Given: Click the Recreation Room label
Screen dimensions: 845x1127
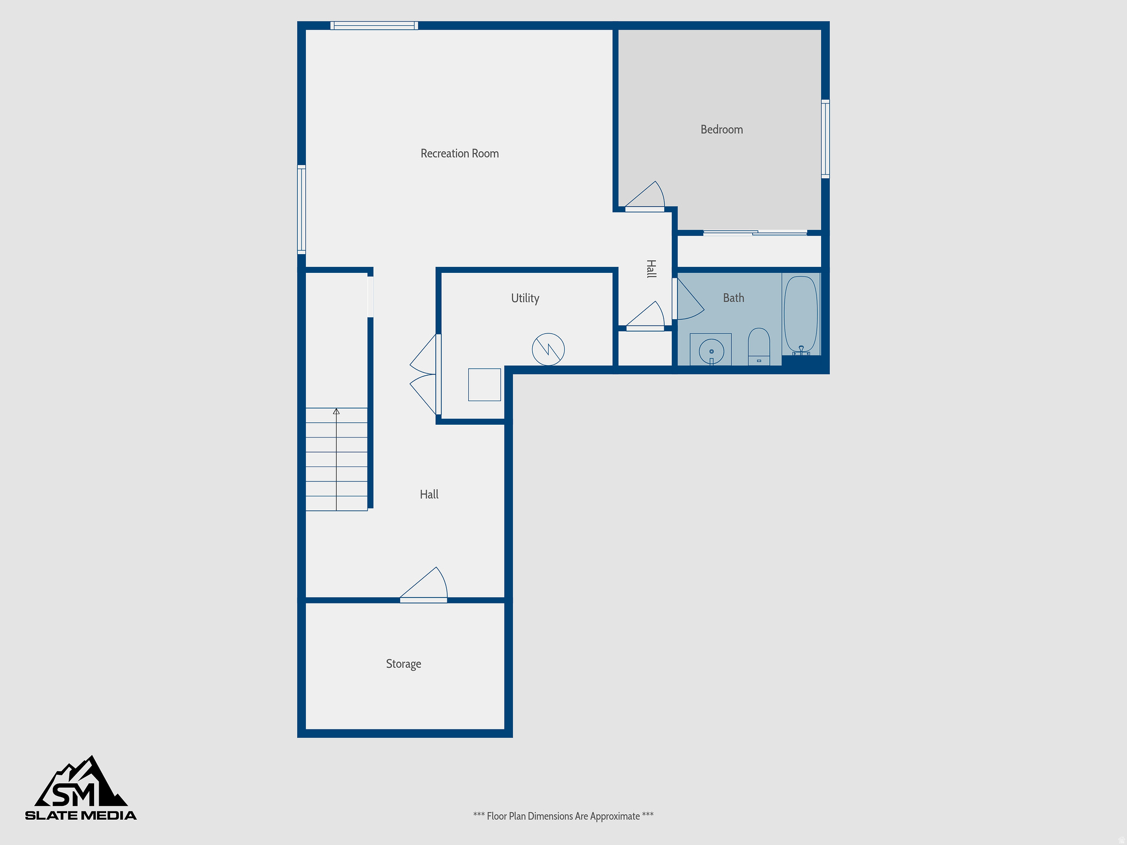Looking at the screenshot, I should [459, 153].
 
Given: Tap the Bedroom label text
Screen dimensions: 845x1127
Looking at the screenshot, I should [721, 130].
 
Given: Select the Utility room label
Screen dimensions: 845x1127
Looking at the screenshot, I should [525, 298].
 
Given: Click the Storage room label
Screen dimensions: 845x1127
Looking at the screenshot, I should [403, 664].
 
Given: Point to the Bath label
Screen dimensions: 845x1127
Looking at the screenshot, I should [733, 298].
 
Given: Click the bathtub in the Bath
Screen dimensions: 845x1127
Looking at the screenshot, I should [801, 315].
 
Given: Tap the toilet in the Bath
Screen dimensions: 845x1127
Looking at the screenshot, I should [759, 345].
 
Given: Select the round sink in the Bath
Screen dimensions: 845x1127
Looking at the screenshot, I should [711, 350].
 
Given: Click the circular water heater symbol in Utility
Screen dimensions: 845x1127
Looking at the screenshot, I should [548, 349].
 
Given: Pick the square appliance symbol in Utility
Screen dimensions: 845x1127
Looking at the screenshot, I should [484, 385].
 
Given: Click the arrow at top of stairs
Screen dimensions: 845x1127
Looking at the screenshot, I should [336, 411].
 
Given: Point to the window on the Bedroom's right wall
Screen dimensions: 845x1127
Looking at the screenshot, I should [825, 139].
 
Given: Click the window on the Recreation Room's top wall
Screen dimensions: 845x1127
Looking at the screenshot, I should [374, 25].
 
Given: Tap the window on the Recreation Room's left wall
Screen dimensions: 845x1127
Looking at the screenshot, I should [302, 209].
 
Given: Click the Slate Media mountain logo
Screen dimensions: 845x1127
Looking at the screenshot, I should [81, 788].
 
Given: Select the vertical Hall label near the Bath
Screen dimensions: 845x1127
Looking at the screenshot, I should [651, 269].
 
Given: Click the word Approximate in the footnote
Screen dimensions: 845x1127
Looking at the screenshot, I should [615, 816].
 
